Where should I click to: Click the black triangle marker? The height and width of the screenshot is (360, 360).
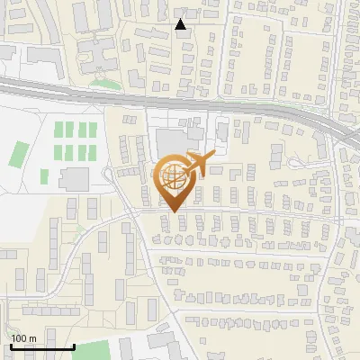[181, 24]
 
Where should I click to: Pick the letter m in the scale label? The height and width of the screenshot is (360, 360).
[34, 338]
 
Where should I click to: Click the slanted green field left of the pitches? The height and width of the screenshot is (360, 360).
[19, 154]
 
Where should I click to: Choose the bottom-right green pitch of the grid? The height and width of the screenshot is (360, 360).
[91, 153]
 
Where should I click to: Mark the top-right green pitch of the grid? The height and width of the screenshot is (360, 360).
[91, 130]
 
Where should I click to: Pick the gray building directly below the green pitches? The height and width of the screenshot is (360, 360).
[75, 178]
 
